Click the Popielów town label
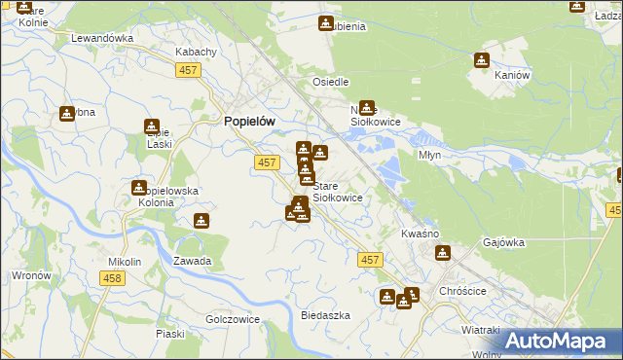tap(249, 121)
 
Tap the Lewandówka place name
tap(101, 38)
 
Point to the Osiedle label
tap(330, 83)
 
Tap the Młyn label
tap(430, 154)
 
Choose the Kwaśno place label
tap(421, 234)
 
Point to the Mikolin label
tap(125, 262)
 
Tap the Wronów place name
tap(31, 275)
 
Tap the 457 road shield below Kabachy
tap(189, 70)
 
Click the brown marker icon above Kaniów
tap(481, 60)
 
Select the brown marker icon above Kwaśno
tap(443, 254)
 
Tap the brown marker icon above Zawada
tap(201, 221)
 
